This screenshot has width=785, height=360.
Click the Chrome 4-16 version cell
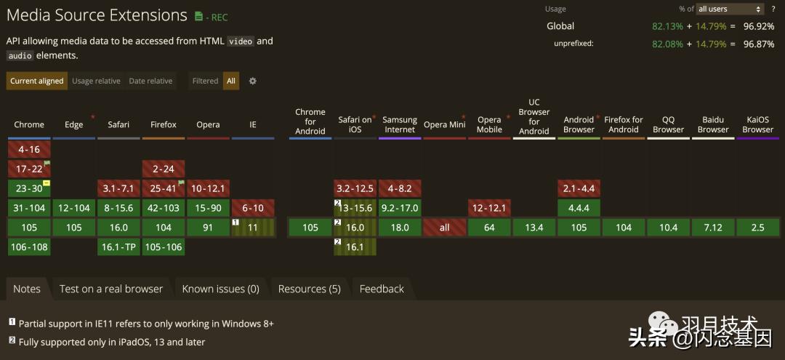click(29, 149)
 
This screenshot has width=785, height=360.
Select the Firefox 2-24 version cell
click(164, 169)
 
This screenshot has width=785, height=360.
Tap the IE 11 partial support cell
click(253, 228)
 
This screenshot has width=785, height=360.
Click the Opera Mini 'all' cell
click(445, 228)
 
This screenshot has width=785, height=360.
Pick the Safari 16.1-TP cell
click(118, 247)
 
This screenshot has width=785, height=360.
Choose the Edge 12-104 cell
click(74, 208)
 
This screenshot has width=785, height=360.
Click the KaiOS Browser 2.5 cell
click(757, 228)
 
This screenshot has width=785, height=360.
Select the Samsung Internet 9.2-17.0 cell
click(400, 208)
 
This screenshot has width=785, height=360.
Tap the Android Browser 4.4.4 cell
click(579, 208)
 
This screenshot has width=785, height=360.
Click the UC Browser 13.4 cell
click(534, 228)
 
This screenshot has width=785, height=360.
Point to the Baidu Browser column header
click(713, 124)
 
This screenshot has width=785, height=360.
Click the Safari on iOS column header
click(355, 124)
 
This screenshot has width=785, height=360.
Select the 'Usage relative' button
click(96, 81)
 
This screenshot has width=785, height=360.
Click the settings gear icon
click(253, 81)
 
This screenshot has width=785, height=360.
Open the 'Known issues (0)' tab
click(220, 289)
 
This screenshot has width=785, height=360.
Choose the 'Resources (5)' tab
click(309, 289)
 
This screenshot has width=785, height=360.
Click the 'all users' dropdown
click(730, 9)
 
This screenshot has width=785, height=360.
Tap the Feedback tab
click(382, 289)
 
